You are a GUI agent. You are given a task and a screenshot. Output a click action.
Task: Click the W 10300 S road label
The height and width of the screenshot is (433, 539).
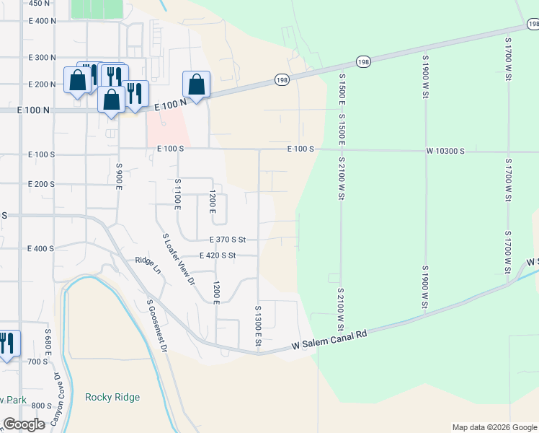[445, 151]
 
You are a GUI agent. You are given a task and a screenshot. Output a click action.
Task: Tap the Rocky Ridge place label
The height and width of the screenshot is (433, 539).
[112, 397]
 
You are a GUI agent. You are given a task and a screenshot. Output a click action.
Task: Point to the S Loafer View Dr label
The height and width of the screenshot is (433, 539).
[179, 259]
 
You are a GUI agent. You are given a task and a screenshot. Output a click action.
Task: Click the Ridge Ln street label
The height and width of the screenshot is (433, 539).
[148, 265]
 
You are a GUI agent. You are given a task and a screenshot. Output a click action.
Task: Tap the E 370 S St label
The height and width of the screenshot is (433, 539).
[228, 240]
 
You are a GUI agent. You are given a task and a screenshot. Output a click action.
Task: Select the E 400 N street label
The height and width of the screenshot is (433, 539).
[42, 20]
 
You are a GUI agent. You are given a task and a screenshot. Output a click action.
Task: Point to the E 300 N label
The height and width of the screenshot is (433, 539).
[42, 57]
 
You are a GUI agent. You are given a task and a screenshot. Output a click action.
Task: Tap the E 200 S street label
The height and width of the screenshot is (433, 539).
[41, 184]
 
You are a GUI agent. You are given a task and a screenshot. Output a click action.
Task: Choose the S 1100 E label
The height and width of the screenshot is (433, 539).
[177, 194]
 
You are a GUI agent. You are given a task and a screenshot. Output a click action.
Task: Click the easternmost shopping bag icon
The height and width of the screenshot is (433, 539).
[196, 84]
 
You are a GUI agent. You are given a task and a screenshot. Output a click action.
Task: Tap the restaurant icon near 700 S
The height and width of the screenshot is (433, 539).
[7, 343]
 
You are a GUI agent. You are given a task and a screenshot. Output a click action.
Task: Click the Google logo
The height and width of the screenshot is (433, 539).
[24, 424]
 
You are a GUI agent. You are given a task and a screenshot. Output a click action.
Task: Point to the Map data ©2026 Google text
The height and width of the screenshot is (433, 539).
[494, 427]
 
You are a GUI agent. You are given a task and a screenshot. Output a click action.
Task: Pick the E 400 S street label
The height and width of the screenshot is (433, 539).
[41, 248]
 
